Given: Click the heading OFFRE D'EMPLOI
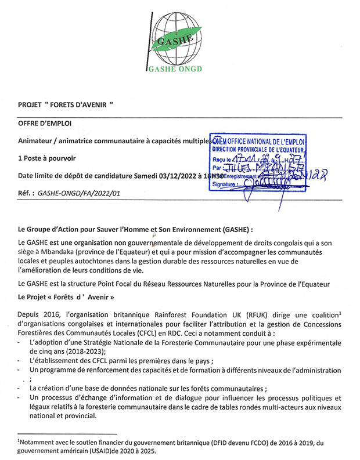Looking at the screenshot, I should (x=43, y=124).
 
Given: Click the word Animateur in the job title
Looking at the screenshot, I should (x=35, y=140).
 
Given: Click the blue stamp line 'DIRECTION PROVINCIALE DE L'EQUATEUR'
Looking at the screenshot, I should (x=259, y=149).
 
